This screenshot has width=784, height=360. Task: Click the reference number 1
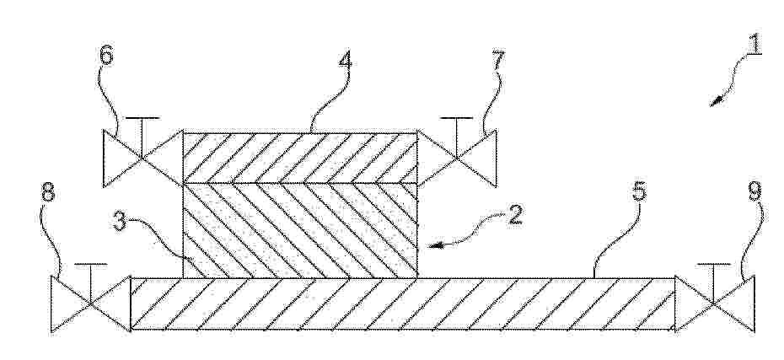[x=754, y=43]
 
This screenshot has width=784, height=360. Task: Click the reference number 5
[x=638, y=192]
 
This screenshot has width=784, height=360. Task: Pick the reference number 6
[x=105, y=55]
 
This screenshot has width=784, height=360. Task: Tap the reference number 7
[x=498, y=61]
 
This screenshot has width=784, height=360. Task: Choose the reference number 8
[x=47, y=192]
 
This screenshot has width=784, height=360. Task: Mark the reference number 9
[x=755, y=192]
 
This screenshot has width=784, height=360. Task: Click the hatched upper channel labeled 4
[x=300, y=158]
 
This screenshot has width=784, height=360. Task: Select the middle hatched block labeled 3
[x=300, y=230]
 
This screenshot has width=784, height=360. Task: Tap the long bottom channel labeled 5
[x=402, y=304]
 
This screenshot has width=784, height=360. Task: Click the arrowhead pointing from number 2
[x=436, y=245]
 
